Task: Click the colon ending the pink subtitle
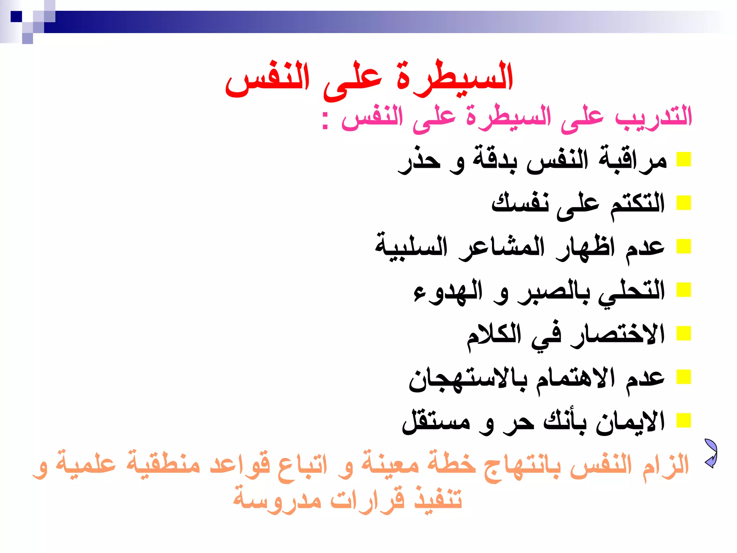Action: (x=325, y=120)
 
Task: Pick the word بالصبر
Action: (x=553, y=291)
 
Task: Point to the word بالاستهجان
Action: (x=468, y=379)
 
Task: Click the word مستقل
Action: (x=436, y=422)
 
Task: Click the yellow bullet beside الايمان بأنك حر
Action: (x=684, y=420)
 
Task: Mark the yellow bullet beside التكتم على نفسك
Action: (x=684, y=203)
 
